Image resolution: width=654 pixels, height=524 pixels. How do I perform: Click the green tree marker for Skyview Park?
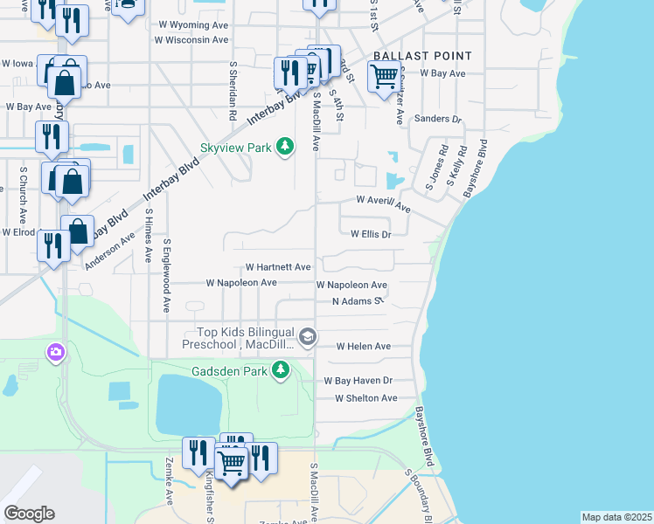coord(284,147)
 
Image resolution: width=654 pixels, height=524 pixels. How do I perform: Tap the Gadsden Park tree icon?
coord(281,371)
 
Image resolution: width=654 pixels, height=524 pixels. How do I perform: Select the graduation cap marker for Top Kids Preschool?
coord(307,336)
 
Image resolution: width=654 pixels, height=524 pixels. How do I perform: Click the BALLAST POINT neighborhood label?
coord(422,56)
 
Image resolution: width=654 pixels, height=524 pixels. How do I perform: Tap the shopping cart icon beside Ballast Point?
coord(384,78)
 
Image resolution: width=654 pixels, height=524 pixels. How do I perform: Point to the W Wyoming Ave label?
coord(191,25)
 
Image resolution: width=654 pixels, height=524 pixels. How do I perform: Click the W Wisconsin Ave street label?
coord(191,39)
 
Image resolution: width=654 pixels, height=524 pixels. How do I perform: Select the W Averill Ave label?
coord(383,203)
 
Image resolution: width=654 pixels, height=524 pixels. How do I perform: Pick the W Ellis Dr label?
coord(370,234)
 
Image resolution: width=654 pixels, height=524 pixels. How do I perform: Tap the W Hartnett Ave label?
coord(278,266)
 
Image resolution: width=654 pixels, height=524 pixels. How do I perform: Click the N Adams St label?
coord(358,301)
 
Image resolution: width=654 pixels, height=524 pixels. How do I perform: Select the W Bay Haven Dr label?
coord(358,381)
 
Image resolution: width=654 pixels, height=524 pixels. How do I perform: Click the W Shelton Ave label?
coord(366,398)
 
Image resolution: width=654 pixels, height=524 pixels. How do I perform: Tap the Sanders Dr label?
coord(437,119)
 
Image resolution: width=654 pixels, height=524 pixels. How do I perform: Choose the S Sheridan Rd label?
coord(233,90)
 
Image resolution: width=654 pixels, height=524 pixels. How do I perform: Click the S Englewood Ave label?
coord(164,276)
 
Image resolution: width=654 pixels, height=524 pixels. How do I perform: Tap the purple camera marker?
coord(55,352)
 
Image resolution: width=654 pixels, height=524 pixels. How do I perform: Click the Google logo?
coord(29,513)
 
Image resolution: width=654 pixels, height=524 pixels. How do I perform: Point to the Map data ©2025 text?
coord(616,517)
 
